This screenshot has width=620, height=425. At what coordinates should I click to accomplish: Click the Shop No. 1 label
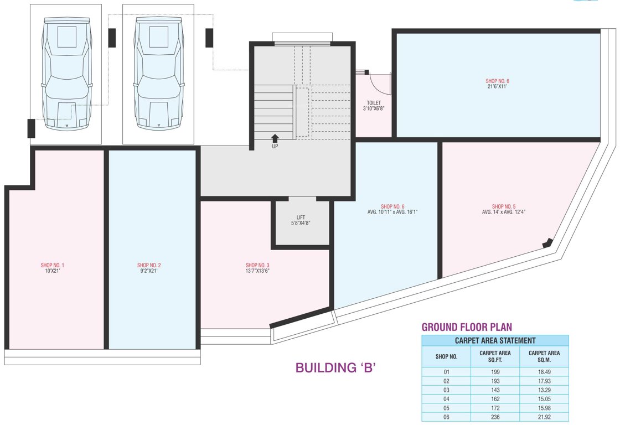[x=52, y=265]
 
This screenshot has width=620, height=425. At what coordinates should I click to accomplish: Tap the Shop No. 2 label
[x=149, y=265]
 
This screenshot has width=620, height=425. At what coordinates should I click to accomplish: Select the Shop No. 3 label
[x=257, y=265]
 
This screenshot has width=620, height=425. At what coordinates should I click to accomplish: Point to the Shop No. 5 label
[x=504, y=206]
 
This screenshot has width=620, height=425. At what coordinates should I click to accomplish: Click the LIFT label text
[x=301, y=217]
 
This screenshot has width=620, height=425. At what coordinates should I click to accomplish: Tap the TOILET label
[x=374, y=103]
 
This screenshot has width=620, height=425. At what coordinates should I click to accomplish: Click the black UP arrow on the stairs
[x=275, y=138]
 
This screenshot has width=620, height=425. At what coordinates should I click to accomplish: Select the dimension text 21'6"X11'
[x=498, y=86]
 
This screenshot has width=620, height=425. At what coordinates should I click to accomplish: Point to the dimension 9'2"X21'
[x=149, y=271]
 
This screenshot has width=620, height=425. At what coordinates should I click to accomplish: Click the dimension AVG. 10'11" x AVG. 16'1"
[x=392, y=212]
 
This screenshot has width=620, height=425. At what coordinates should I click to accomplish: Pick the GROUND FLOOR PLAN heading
[x=467, y=327]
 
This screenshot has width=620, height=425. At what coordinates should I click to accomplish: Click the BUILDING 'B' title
[x=335, y=367]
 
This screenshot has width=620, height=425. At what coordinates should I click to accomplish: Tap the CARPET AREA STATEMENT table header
[x=495, y=340]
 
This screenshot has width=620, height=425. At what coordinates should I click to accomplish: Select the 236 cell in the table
[x=495, y=417]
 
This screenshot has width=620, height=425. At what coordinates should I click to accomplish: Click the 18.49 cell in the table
[x=544, y=372]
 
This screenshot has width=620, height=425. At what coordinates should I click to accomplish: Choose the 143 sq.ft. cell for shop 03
[x=495, y=390]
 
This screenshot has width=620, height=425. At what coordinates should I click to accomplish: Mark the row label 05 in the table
[x=446, y=408]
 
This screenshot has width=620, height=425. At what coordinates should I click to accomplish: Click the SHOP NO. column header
[x=446, y=356]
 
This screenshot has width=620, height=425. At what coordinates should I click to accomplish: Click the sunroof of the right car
[x=158, y=37]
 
